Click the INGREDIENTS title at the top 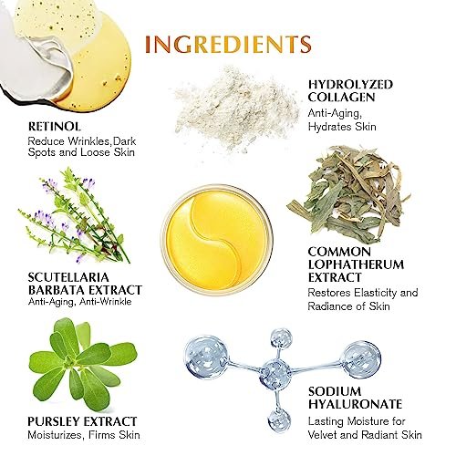[223, 43]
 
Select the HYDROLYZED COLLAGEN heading [350, 90]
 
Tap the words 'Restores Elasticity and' [362, 293]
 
